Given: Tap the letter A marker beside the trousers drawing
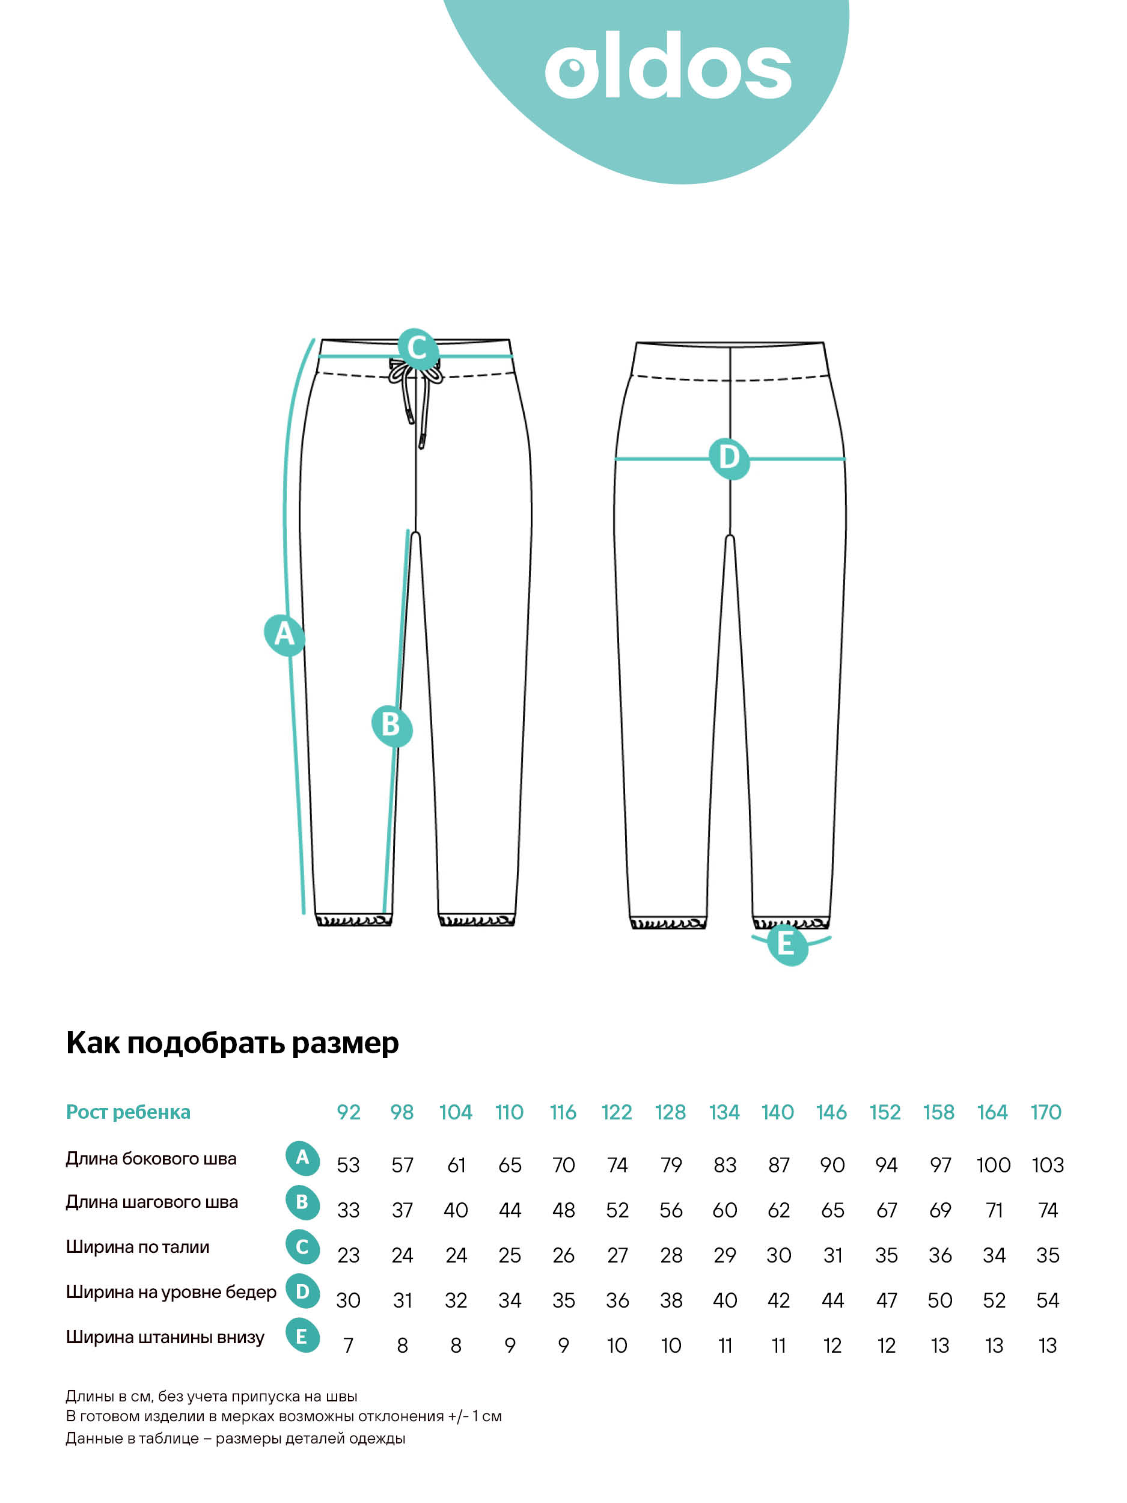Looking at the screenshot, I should [x=284, y=635].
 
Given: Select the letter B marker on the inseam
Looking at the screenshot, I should [x=391, y=725].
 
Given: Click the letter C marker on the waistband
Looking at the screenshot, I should [x=417, y=349].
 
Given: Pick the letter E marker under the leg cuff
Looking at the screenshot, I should [x=787, y=944].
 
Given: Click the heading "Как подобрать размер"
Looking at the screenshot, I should [x=233, y=1043].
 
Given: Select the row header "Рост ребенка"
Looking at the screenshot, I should [x=127, y=1112].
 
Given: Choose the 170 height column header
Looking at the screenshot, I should [x=1045, y=1112].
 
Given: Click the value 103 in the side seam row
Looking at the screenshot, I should [x=1047, y=1165].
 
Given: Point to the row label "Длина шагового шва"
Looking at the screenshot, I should [x=151, y=1202].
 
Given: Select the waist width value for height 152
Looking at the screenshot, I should [x=886, y=1255].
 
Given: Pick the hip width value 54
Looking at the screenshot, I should [x=1047, y=1300].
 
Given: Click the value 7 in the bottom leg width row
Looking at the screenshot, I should [x=349, y=1345].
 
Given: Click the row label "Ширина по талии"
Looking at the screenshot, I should [x=137, y=1247].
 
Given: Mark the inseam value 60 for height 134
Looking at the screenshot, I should [x=724, y=1210].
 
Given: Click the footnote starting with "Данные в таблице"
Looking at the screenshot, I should [x=235, y=1439].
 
